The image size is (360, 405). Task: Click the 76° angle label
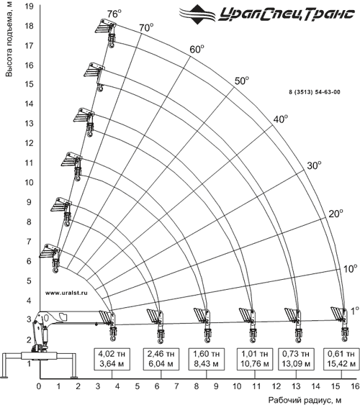[x=114, y=14]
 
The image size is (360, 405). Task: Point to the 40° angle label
[x=281, y=119]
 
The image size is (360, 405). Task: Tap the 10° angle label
[x=350, y=268]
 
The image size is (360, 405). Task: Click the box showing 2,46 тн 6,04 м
[x=161, y=359]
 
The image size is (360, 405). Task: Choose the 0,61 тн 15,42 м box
[x=341, y=359]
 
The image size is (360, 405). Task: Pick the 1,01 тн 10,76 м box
[x=255, y=359]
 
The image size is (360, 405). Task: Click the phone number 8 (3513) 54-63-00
[x=315, y=92]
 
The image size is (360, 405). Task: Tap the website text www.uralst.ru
[x=66, y=293]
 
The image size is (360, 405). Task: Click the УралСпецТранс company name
[x=287, y=14]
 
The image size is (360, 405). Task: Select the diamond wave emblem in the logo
[x=198, y=14]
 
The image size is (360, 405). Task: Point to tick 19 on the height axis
[x=30, y=6]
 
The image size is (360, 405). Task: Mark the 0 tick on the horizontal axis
[x=39, y=387]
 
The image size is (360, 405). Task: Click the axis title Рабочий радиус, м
[x=305, y=400]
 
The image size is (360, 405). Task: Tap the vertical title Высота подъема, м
[x=9, y=39]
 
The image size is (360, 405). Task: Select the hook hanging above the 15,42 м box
[x=344, y=335]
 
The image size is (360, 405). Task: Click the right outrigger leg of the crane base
[x=74, y=365]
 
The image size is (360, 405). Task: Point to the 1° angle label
[x=354, y=311]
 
